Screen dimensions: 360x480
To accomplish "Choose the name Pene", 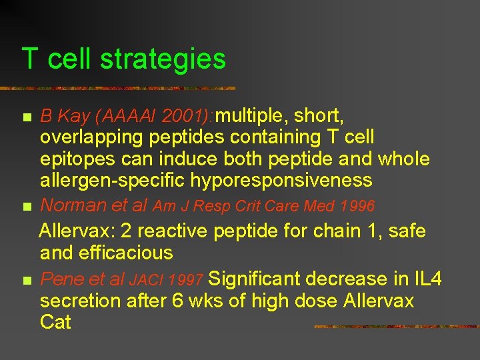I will [x=61, y=279].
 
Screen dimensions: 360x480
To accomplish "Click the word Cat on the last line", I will [x=55, y=322].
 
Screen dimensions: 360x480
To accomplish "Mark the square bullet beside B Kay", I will [x=27, y=118].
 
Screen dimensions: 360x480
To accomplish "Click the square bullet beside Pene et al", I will [x=27, y=280].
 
